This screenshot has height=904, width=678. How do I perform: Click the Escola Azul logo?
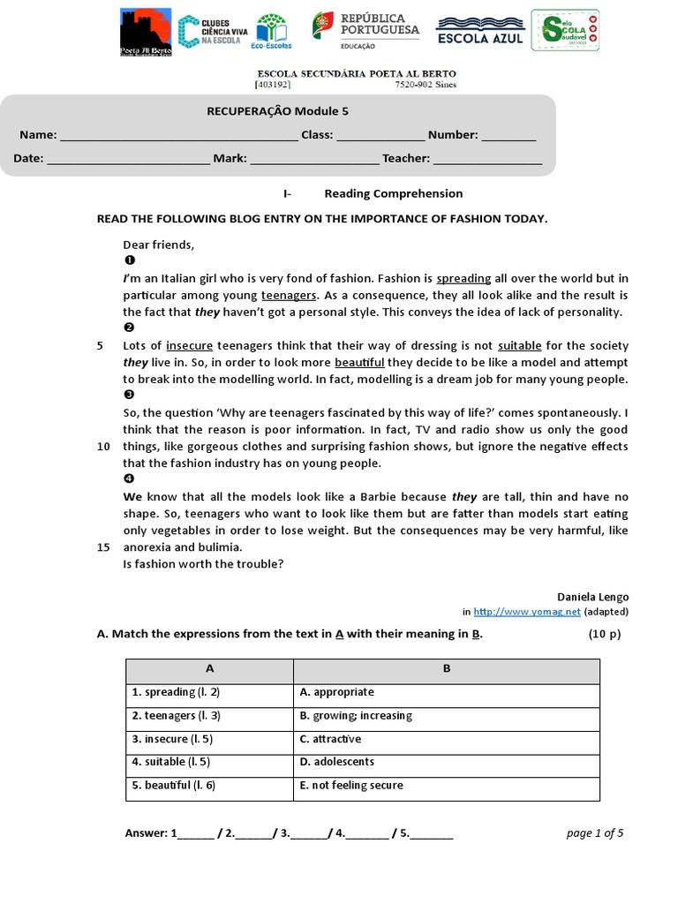point(480,30)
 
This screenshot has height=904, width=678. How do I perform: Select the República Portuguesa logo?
point(365,30)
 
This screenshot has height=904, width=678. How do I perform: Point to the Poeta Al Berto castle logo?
point(146,33)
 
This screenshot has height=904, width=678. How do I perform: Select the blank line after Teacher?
point(487,160)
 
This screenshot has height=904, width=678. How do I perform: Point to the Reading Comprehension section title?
point(393,193)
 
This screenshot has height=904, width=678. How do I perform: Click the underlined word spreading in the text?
point(463,278)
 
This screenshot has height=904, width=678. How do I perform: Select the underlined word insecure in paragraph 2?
point(189,345)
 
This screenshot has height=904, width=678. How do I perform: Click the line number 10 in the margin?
point(103,447)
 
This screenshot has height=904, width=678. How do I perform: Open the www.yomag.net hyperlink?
point(527,611)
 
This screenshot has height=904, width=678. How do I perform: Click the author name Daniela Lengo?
point(592,597)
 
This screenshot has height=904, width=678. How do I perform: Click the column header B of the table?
point(446,669)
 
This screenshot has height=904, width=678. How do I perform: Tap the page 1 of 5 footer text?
point(594,832)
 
